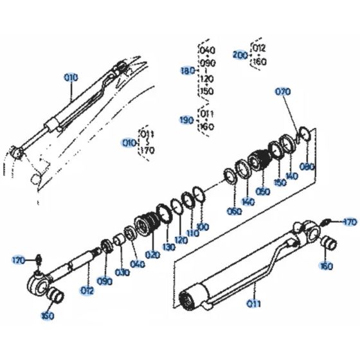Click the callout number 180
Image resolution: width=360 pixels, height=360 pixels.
(x=188, y=70)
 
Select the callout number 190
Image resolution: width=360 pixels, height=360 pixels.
(x=188, y=120)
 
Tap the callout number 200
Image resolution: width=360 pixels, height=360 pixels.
(x=239, y=55)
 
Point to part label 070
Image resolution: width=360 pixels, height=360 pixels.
(x=283, y=92)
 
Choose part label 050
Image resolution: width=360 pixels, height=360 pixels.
(x=263, y=191)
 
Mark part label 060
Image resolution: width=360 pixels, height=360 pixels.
(x=234, y=210)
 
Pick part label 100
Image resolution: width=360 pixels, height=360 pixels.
(x=203, y=226)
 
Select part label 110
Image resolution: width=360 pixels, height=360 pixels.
(x=192, y=233)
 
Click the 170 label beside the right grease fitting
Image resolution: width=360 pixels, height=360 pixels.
(x=349, y=222)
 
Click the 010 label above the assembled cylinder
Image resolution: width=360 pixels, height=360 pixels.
(x=70, y=77)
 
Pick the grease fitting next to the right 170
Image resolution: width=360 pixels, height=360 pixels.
(x=328, y=222)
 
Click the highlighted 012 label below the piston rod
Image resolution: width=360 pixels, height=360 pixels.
(x=87, y=291)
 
